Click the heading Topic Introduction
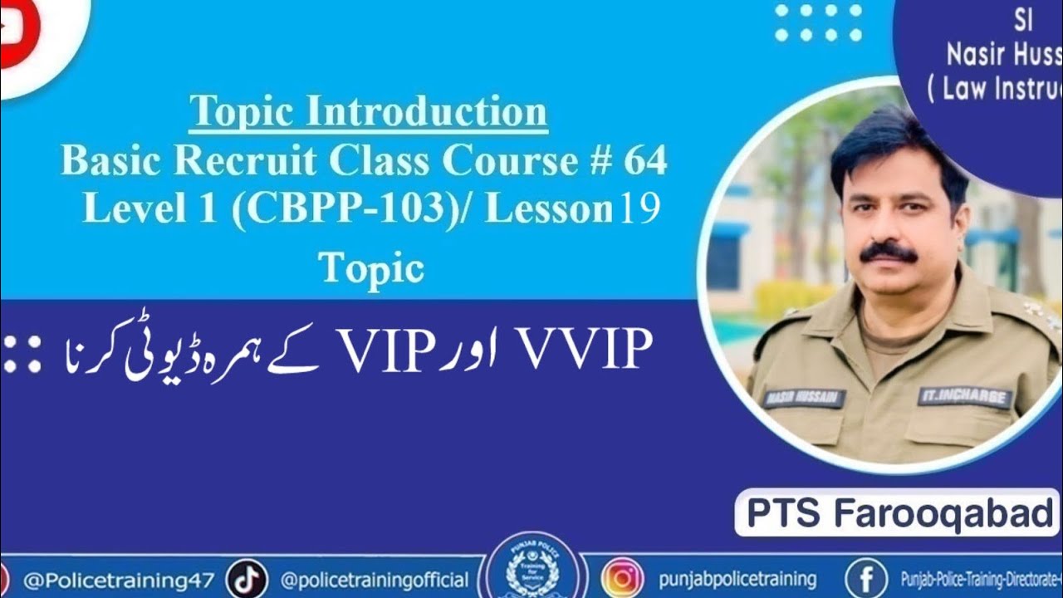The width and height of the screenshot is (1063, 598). tap(368, 112)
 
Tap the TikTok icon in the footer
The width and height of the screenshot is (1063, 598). tap(247, 579)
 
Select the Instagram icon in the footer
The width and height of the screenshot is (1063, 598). tap(622, 579)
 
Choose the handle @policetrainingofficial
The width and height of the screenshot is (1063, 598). tap(375, 580)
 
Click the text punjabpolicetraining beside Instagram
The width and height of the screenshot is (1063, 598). tap(737, 579)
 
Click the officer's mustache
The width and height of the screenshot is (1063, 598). tap(888, 252)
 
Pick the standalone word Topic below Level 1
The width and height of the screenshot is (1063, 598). tap(371, 267)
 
